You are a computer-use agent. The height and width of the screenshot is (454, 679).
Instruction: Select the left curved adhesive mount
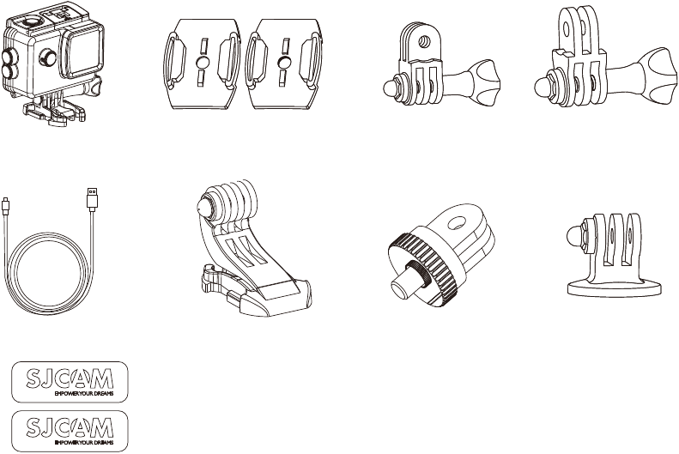pyautogui.click(x=203, y=64)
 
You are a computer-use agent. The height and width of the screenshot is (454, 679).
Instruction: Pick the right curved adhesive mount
pyautogui.click(x=284, y=64)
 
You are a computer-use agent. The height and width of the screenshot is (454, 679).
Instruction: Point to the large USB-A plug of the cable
pyautogui.click(x=92, y=199)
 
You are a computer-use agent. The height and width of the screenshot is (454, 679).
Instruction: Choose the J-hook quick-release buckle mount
pyautogui.click(x=251, y=247)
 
